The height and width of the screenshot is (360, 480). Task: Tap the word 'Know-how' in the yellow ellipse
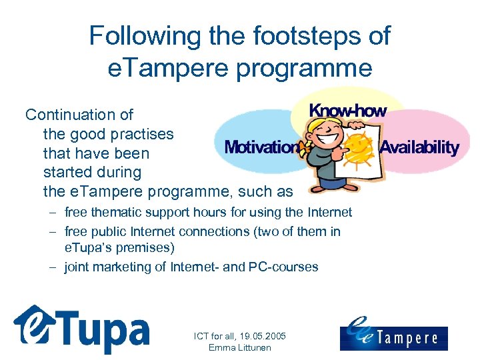pyautogui.click(x=347, y=111)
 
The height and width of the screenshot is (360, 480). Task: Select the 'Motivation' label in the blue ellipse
pyautogui.click(x=262, y=147)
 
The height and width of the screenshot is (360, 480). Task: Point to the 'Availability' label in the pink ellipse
pyautogui.click(x=419, y=147)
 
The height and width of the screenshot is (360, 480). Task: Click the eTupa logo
pyautogui.click(x=81, y=328)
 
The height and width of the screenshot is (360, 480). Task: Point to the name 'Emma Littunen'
pyautogui.click(x=239, y=347)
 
